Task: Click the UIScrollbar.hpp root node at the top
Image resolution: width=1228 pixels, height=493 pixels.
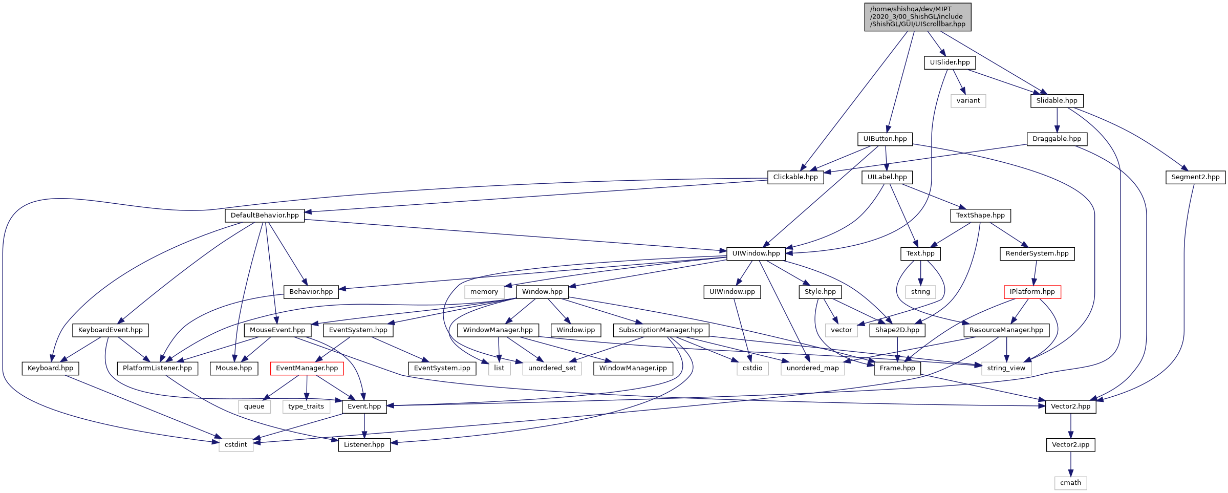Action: pyautogui.click(x=917, y=17)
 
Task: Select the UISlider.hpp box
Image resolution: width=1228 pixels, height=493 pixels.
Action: pyautogui.click(x=950, y=62)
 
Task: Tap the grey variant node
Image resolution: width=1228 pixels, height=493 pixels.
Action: pyautogui.click(x=968, y=101)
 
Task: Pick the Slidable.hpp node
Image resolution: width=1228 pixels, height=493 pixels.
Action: pyautogui.click(x=1057, y=101)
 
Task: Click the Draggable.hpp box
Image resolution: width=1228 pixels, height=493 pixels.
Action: pyautogui.click(x=1057, y=139)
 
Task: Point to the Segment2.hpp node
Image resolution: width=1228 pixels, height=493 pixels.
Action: pyautogui.click(x=1195, y=177)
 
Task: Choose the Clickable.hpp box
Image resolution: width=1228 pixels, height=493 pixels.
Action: pyautogui.click(x=795, y=177)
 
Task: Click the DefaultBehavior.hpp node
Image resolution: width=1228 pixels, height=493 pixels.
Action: pyautogui.click(x=265, y=216)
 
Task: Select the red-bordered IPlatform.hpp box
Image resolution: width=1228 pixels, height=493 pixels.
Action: pyautogui.click(x=1032, y=292)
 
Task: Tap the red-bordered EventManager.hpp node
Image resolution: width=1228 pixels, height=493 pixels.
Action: pyautogui.click(x=307, y=368)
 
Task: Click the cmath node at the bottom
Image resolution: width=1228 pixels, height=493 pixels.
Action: pyautogui.click(x=1070, y=483)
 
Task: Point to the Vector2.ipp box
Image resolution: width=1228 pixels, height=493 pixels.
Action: pyautogui.click(x=1070, y=445)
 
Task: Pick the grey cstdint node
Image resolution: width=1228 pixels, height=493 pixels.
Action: pyautogui.click(x=235, y=445)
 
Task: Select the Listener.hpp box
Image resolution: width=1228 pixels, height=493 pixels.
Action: pyautogui.click(x=364, y=445)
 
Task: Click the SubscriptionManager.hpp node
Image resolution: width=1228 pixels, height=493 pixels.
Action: pyautogui.click(x=660, y=330)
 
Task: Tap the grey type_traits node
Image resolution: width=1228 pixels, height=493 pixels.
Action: pyautogui.click(x=306, y=406)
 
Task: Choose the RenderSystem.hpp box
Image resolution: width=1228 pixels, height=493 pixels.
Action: pyautogui.click(x=1037, y=253)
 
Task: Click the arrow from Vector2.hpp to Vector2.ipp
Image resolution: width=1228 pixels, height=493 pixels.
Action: pyautogui.click(x=1070, y=425)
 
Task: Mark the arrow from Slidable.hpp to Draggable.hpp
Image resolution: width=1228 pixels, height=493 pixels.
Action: pyautogui.click(x=1057, y=120)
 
